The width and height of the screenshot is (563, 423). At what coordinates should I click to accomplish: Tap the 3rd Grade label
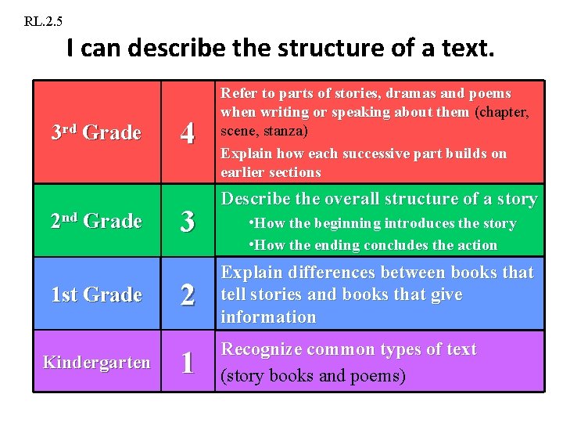pos(95,132)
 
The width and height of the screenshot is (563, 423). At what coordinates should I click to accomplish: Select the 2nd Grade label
pos(95,221)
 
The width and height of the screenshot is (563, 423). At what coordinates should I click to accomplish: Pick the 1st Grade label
pos(95,295)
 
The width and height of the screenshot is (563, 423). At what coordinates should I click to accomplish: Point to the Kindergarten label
pos(96,362)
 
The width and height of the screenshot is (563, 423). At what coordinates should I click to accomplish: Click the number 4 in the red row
pos(187,133)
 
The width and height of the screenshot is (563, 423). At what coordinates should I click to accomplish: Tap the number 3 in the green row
pos(187,222)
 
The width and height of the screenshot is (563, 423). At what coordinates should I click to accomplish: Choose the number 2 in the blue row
pos(187,295)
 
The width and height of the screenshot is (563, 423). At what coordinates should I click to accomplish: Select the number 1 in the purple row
pos(187,363)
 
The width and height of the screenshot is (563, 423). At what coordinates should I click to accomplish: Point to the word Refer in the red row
pos(238,93)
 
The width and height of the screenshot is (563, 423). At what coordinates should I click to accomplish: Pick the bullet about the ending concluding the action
pos(372,245)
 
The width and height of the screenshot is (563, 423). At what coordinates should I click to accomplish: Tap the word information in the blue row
pos(268,317)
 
